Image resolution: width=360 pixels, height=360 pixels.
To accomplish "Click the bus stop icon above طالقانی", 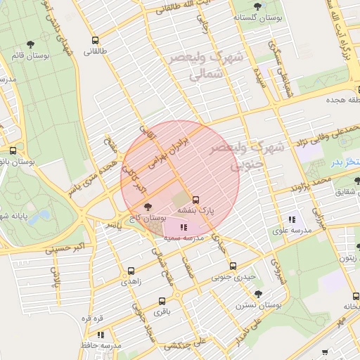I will click(95, 39).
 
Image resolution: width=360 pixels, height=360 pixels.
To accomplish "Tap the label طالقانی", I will click(96, 51).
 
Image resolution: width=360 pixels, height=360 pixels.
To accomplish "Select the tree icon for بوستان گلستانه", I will click(257, 6).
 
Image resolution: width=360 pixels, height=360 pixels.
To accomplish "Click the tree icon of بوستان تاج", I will click(147, 207).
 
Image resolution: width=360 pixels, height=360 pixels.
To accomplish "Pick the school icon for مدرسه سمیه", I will click(184, 227).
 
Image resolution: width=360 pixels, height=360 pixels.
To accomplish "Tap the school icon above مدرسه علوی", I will click(292, 219).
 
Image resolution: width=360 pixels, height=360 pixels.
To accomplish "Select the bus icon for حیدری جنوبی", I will click(233, 266).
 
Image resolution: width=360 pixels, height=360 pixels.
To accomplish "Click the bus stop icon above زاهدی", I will click(131, 271).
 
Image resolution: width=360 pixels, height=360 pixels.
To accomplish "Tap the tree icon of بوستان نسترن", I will click(258, 294).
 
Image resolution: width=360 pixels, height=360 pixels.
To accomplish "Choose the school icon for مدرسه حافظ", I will click(101, 335).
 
